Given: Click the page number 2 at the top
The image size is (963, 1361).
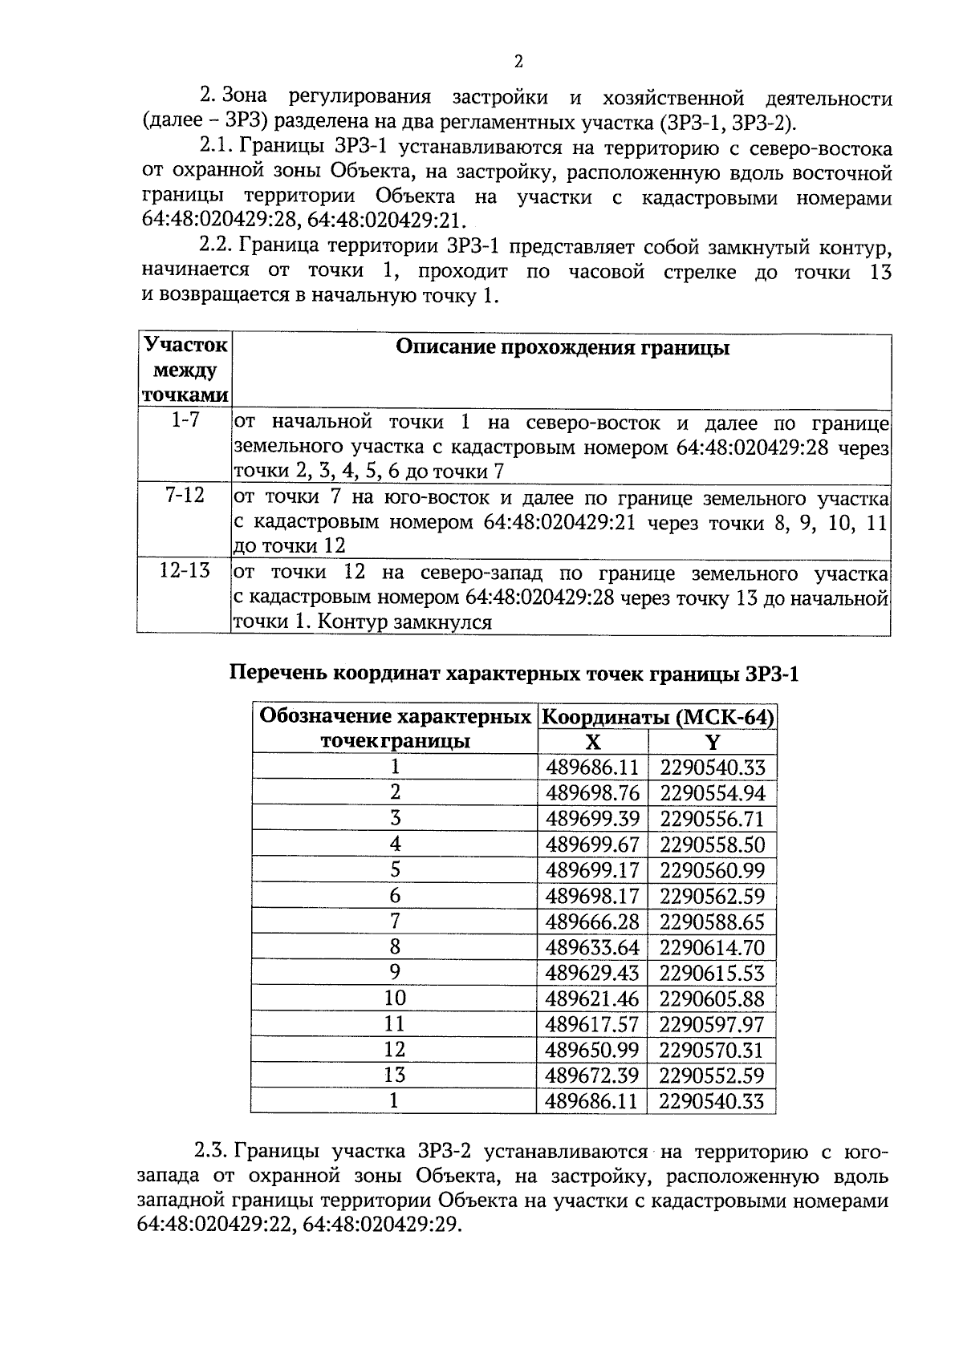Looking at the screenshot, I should click(518, 63).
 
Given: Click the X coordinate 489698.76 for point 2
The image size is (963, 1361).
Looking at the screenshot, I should click(592, 793).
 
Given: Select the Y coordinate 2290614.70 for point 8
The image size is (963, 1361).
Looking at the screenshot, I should click(712, 947).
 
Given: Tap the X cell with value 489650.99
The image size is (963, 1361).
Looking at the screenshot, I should click(592, 1050).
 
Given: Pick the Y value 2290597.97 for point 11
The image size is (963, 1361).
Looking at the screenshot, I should click(712, 1024).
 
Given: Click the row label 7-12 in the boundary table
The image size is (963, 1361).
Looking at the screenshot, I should click(185, 496).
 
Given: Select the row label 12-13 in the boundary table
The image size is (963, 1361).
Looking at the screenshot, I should click(185, 570).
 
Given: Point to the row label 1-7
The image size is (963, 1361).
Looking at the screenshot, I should click(185, 419).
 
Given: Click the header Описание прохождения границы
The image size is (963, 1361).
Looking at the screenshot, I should click(563, 348).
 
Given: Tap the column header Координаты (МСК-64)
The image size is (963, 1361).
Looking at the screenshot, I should click(657, 717).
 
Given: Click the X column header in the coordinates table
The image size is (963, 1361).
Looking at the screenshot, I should click(592, 742).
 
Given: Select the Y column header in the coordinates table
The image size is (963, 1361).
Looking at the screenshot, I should click(713, 742).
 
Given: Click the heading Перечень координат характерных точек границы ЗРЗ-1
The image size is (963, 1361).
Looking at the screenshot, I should click(514, 674).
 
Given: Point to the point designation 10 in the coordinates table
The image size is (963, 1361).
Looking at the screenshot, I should click(395, 998).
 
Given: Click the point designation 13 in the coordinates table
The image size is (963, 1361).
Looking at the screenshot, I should click(395, 1075).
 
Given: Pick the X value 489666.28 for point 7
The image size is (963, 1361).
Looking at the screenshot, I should click(592, 922).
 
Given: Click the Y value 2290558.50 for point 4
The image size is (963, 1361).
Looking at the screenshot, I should click(712, 845).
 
